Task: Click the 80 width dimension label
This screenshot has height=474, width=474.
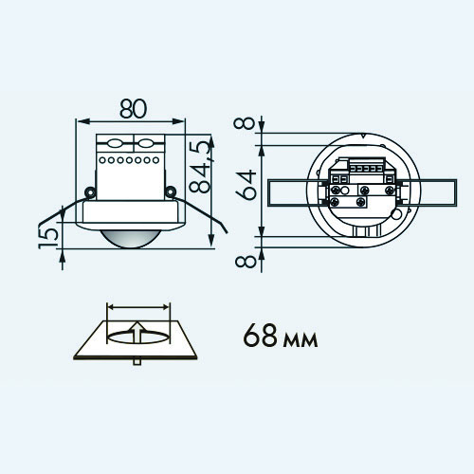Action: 134,109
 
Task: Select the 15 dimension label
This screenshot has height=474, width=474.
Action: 48,238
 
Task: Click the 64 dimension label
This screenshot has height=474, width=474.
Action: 246,185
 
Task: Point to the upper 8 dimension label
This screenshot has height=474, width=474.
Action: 245,124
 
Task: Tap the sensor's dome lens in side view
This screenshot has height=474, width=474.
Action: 130,238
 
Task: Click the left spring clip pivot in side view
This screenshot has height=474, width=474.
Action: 90,191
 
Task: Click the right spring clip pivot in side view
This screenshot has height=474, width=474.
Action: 171,191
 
